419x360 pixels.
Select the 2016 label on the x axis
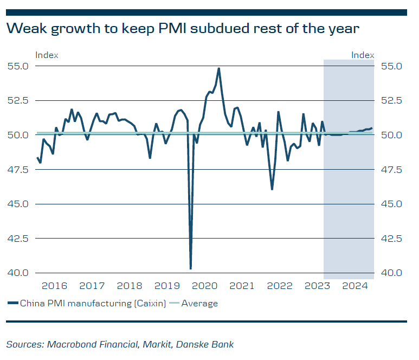click(54, 286)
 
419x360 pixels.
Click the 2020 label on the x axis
click(205, 286)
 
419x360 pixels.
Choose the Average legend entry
click(199, 304)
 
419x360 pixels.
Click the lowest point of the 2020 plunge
click(191, 268)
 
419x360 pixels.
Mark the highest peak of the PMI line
click(218, 68)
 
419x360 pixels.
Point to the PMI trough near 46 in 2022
click(272, 189)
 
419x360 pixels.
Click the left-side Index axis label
click(47, 55)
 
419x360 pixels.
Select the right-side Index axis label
click(363, 55)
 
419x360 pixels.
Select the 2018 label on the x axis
click(130, 286)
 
